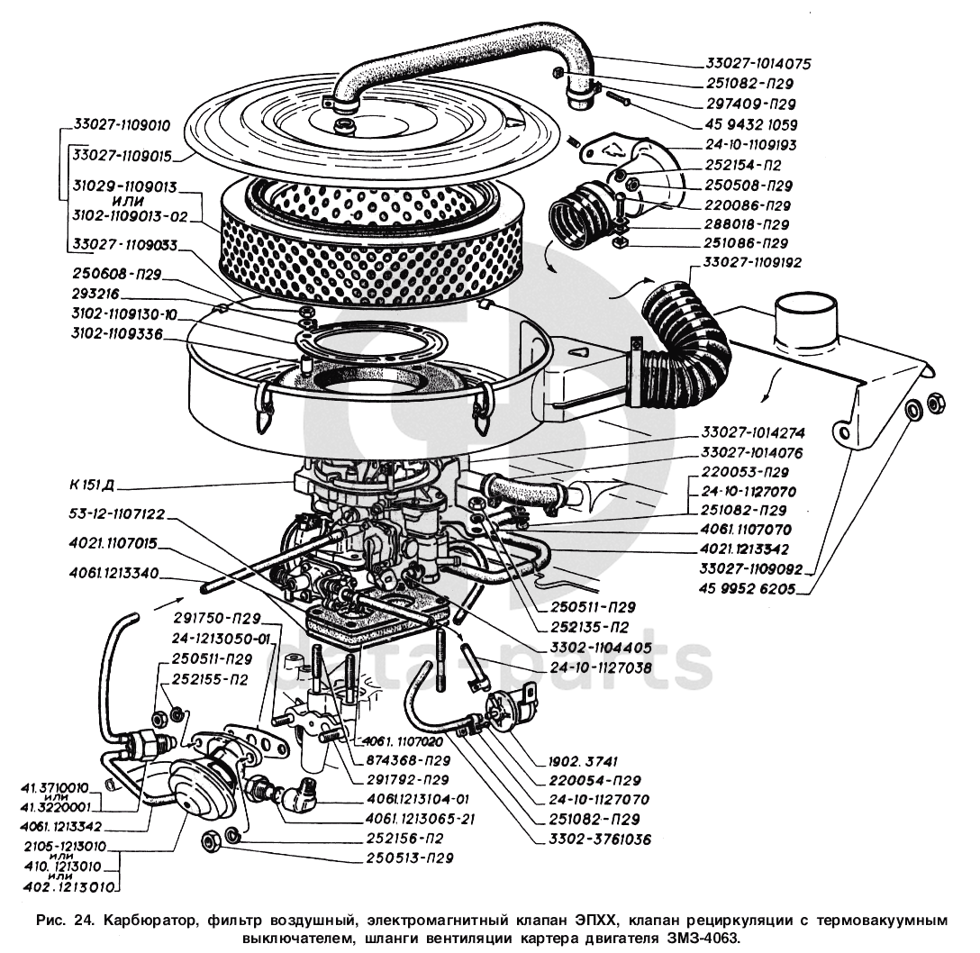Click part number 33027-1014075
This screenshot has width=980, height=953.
[758, 65]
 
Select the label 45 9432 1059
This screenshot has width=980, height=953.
[750, 124]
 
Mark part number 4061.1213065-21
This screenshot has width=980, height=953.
[422, 819]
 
